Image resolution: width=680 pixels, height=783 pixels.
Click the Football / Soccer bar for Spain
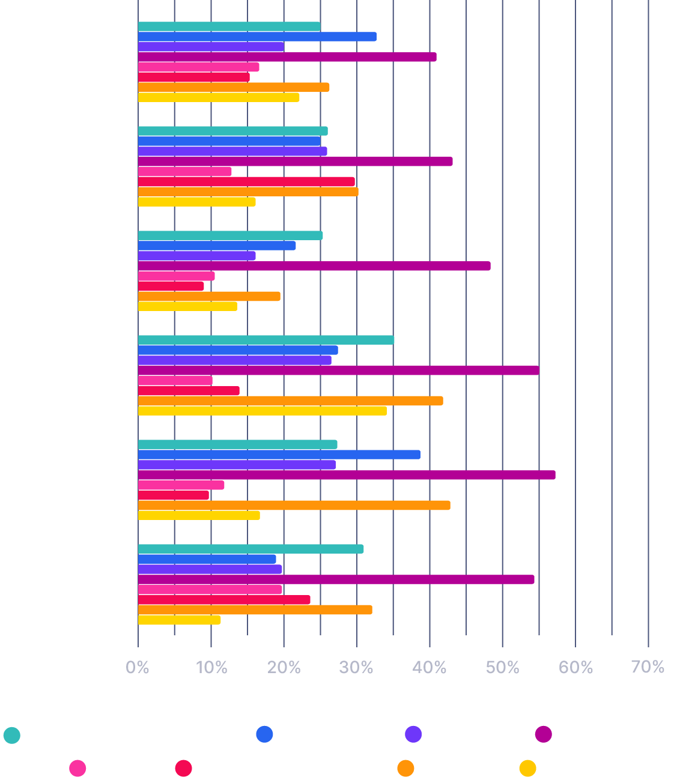[x=347, y=475]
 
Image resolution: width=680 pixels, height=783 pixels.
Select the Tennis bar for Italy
[x=291, y=401]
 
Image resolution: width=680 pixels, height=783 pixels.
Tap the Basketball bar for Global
[x=257, y=37]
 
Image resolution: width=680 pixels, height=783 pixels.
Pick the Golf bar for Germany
[x=176, y=276]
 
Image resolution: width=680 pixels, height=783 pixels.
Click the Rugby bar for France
[x=246, y=181]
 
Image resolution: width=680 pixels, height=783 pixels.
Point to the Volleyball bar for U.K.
[x=179, y=620]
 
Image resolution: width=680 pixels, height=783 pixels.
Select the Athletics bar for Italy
[x=266, y=340]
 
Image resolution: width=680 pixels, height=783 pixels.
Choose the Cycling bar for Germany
[x=196, y=256]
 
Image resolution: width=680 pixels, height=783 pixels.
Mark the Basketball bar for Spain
[x=279, y=455]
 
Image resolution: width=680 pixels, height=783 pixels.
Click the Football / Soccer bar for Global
[x=287, y=57]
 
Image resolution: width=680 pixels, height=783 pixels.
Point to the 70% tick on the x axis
[x=648, y=667]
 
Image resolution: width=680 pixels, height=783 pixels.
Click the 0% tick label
[x=138, y=667]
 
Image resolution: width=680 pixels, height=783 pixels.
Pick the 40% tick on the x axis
[x=430, y=667]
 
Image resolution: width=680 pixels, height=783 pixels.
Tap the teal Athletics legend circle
[x=12, y=735]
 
